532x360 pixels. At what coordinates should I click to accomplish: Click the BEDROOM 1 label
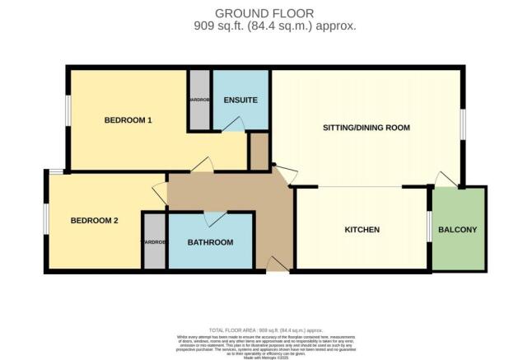(x=128, y=120)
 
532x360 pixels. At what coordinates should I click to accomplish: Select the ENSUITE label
(x=240, y=101)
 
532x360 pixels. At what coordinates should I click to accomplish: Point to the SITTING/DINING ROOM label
(x=367, y=128)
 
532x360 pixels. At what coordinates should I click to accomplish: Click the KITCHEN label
(x=362, y=229)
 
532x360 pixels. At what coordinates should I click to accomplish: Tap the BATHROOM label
(x=210, y=242)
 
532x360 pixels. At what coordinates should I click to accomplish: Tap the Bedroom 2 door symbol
(x=159, y=194)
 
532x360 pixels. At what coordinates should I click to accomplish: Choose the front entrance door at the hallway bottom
(x=278, y=264)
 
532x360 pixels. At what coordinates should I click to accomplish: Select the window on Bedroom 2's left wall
(x=46, y=217)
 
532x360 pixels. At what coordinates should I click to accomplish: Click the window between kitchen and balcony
(x=428, y=227)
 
